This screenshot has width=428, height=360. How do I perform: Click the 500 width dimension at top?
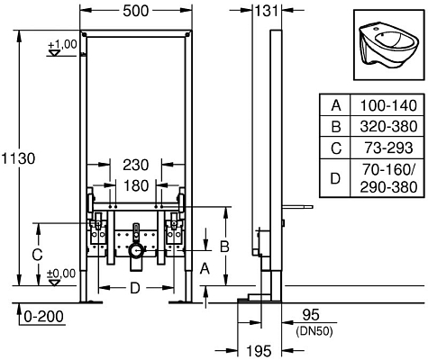pyautogui.click(x=134, y=13)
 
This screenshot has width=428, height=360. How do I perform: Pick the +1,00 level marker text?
pyautogui.click(x=63, y=43)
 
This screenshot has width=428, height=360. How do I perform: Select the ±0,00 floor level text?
pyautogui.click(x=61, y=274)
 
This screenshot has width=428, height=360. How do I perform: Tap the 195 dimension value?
pyautogui.click(x=260, y=349)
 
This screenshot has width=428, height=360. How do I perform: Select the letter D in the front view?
pyautogui.click(x=133, y=288)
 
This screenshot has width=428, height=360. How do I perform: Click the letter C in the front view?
pyautogui.click(x=36, y=255)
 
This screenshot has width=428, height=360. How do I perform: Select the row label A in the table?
pyautogui.click(x=336, y=106)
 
